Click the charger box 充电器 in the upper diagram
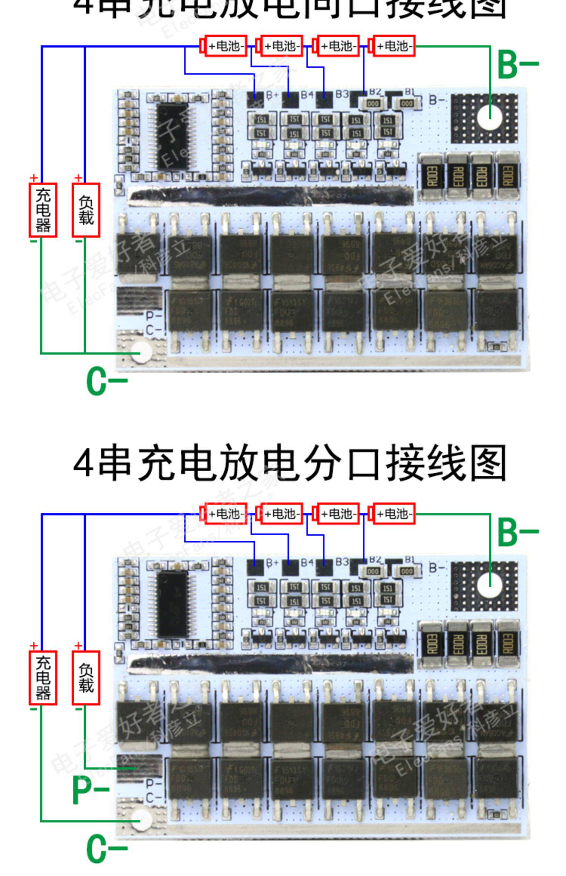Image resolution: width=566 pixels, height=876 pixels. click(x=43, y=210)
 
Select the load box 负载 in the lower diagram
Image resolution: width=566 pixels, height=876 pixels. click(x=86, y=678)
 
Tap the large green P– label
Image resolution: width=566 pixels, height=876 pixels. click(x=91, y=790)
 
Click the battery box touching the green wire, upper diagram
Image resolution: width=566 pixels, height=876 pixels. click(x=394, y=46)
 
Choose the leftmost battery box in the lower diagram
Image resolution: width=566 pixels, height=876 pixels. click(x=226, y=514)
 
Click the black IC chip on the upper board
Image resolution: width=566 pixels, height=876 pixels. click(x=172, y=136)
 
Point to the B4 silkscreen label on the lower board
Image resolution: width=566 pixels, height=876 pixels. click(x=307, y=562)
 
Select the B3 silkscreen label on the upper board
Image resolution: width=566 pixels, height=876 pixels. click(x=342, y=94)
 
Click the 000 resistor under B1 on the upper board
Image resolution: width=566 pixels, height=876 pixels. click(x=407, y=103)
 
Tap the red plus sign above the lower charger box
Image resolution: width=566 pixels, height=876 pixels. click(x=34, y=646)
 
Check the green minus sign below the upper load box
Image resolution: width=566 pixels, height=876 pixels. click(x=78, y=242)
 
